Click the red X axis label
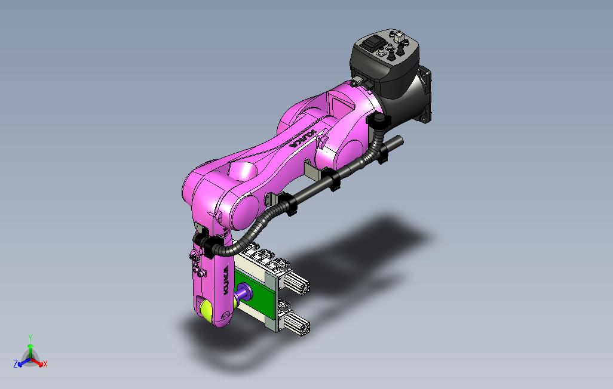tap(45, 364)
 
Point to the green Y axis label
tap(30, 338)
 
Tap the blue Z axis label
tap(16, 364)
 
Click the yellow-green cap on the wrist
tap(206, 309)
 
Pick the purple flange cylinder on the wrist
tap(244, 292)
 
